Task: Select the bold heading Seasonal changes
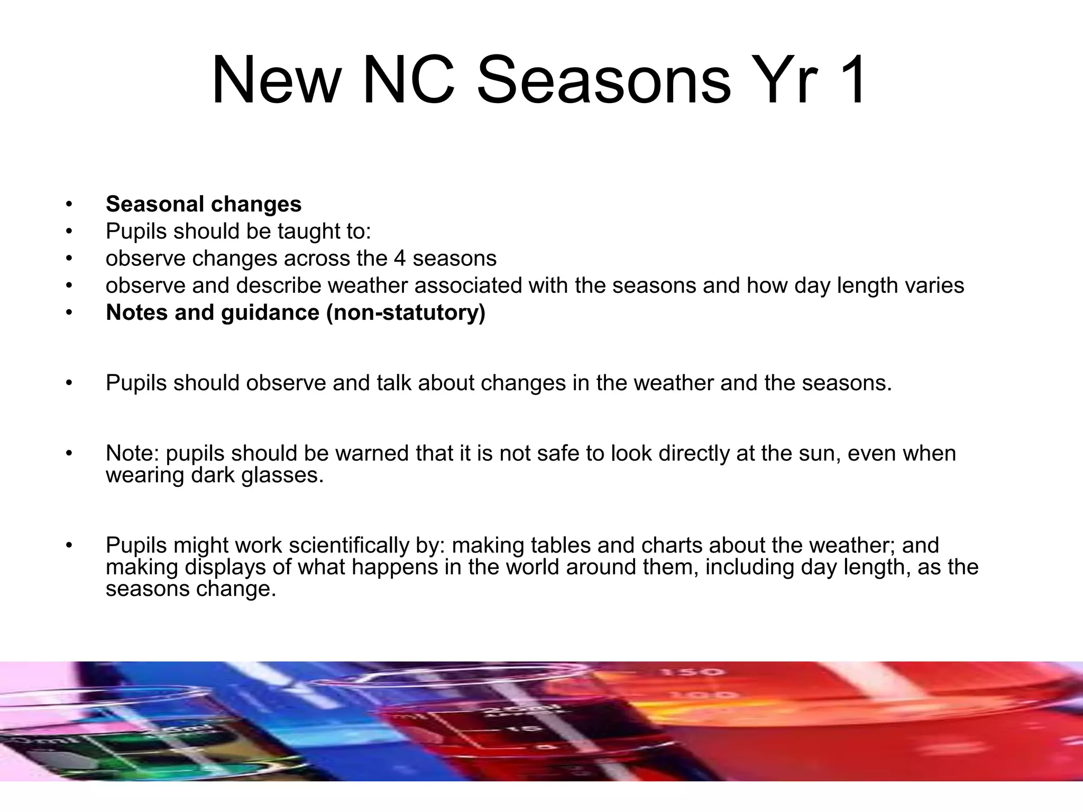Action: point(204,204)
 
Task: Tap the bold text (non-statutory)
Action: point(406,312)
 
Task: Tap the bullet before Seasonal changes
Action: point(68,204)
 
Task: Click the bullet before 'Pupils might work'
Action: point(68,545)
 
